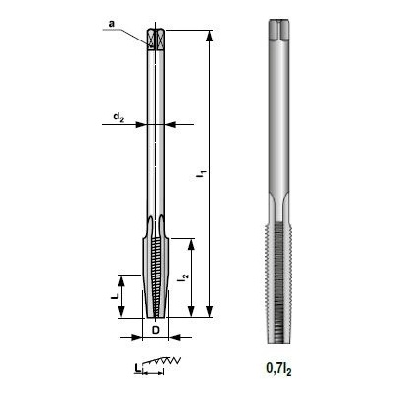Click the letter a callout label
pyautogui.click(x=112, y=23)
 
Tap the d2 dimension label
pyautogui.click(x=118, y=117)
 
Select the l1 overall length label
pyautogui.click(x=201, y=174)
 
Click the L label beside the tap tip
pyautogui.click(x=114, y=296)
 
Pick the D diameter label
pyautogui.click(x=156, y=330)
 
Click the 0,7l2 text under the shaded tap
pyautogui.click(x=278, y=369)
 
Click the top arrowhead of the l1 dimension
pyautogui.click(x=209, y=37)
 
